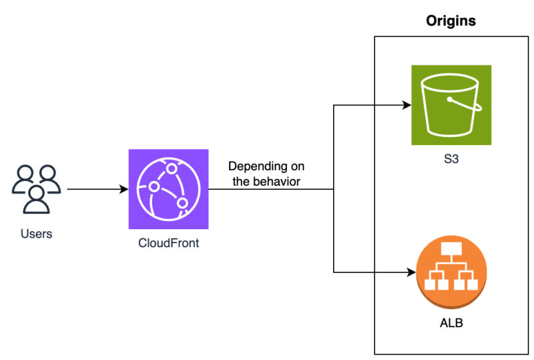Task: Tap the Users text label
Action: (x=37, y=234)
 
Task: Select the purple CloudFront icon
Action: (x=168, y=189)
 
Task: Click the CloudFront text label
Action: (x=168, y=243)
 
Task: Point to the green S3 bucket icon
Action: (x=451, y=105)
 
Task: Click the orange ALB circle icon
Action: (x=451, y=273)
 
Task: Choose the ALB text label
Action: (x=451, y=324)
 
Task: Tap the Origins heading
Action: (x=451, y=21)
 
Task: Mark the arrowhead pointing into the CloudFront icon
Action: (x=124, y=189)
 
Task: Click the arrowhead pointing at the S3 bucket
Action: (x=407, y=105)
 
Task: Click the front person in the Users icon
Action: (x=37, y=200)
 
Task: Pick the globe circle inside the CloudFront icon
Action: (x=168, y=189)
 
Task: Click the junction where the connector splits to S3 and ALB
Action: (x=334, y=189)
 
